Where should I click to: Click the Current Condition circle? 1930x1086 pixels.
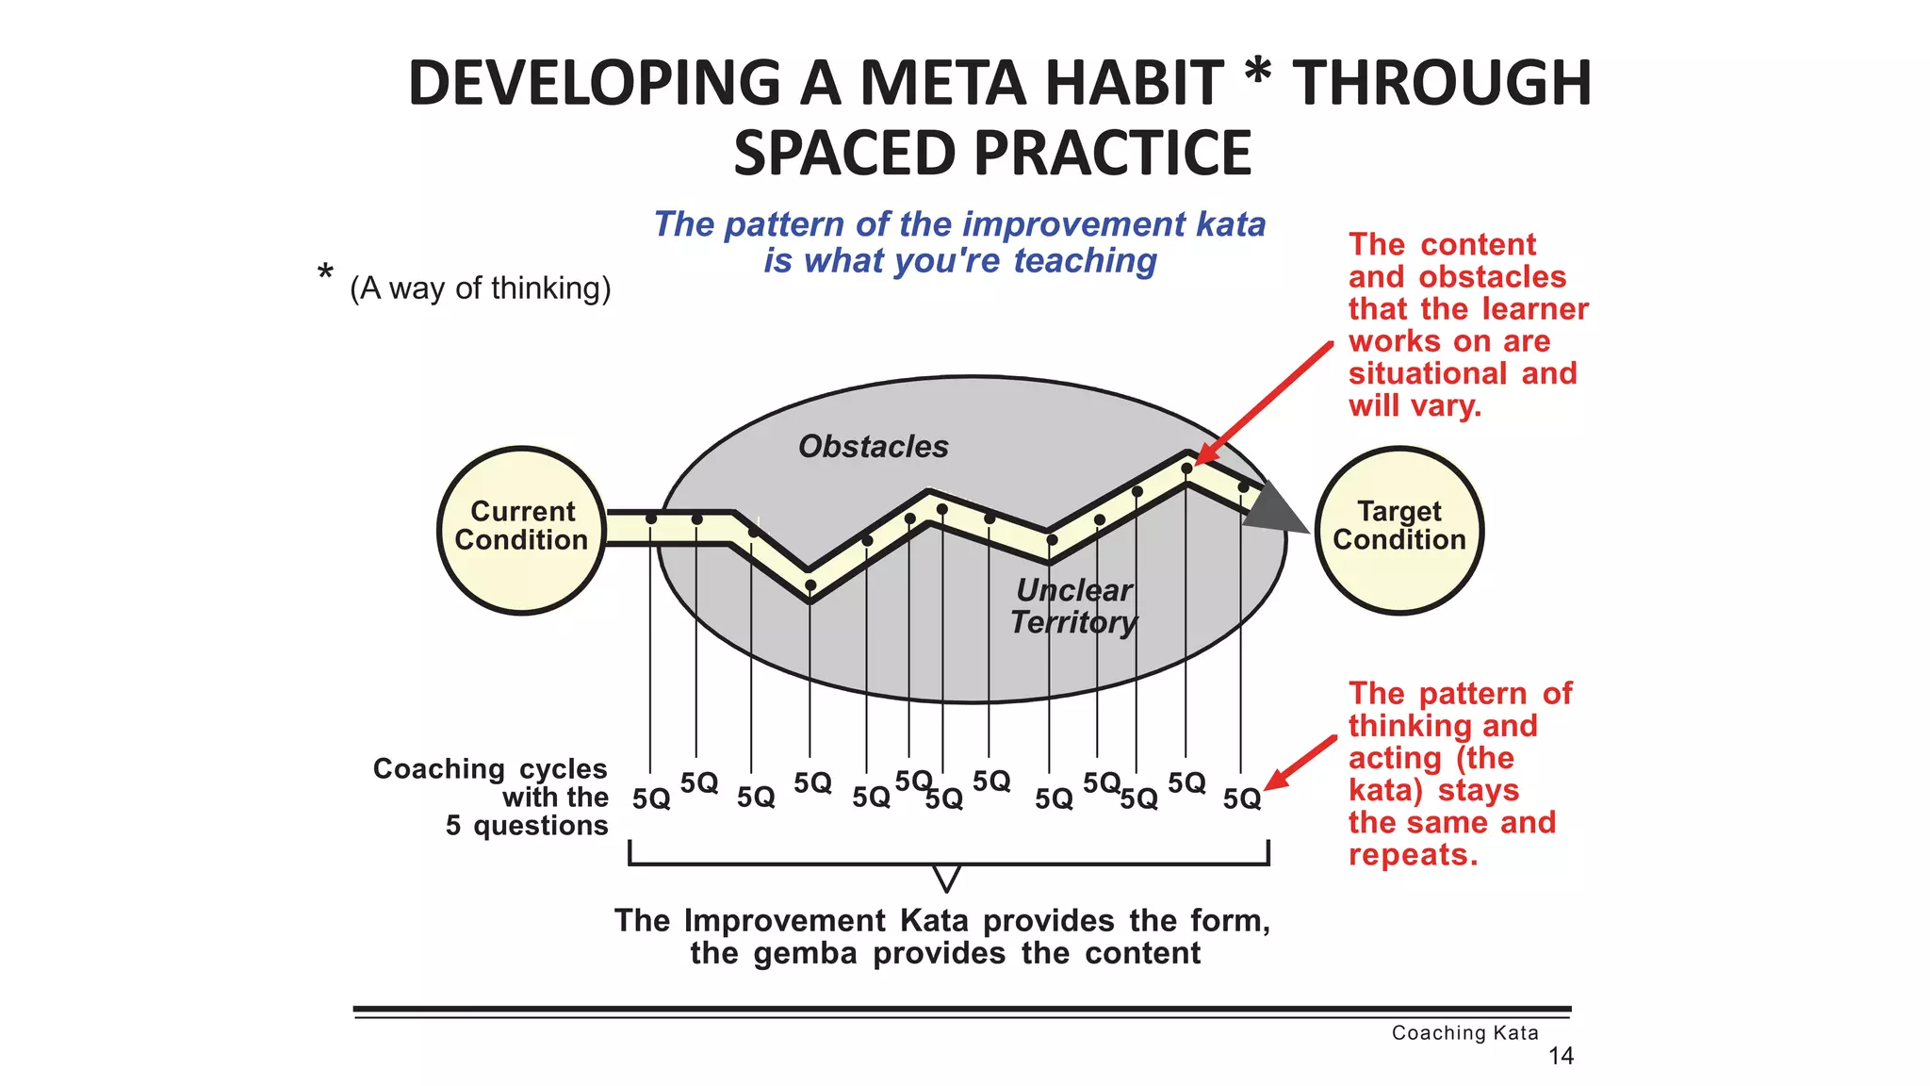tap(521, 530)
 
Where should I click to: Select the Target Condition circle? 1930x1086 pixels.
tap(1398, 530)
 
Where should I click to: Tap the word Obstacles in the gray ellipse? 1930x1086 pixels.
tap(873, 446)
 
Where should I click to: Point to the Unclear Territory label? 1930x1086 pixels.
tap(1073, 606)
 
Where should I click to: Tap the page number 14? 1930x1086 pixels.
tap(1561, 1056)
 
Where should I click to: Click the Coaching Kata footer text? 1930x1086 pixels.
tap(1464, 1032)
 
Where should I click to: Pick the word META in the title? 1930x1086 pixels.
tap(942, 83)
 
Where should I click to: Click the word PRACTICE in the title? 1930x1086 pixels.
tap(1111, 154)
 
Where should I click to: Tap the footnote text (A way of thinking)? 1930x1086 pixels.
tap(480, 288)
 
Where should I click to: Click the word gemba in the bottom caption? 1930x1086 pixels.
tap(805, 953)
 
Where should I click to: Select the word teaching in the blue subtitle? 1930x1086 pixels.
tap(1085, 260)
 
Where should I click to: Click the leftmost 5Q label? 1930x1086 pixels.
tap(651, 799)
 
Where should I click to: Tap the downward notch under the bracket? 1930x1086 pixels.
tap(946, 879)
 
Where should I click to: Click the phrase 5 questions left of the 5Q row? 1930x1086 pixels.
tap(527, 826)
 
